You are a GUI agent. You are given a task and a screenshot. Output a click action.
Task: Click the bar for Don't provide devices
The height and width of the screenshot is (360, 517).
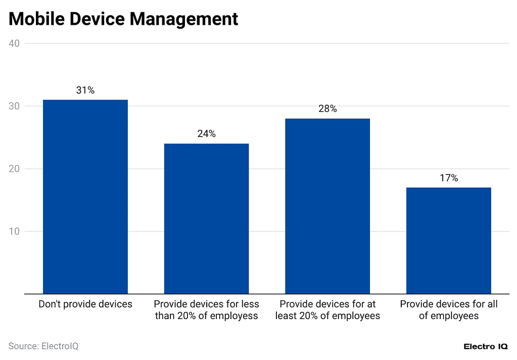pyautogui.click(x=85, y=197)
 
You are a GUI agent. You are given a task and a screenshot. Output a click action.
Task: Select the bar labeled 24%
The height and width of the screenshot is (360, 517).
pyautogui.click(x=206, y=218)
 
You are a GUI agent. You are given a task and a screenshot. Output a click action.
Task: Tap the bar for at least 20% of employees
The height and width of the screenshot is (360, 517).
pyautogui.click(x=327, y=206)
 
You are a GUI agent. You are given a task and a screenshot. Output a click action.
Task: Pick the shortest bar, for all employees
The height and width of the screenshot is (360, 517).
pyautogui.click(x=448, y=241)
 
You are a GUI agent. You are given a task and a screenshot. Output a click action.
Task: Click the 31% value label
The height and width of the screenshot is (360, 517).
pyautogui.click(x=85, y=91)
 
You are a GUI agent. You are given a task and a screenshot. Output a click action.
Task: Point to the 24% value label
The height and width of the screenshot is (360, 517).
pyautogui.click(x=206, y=134)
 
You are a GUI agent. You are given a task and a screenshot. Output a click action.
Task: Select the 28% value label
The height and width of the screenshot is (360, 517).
pyautogui.click(x=327, y=109)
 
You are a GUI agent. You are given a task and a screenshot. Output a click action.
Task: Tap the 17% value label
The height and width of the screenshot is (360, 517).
pyautogui.click(x=448, y=178)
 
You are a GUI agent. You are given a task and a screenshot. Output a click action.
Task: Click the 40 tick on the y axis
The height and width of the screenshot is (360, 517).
pyautogui.click(x=14, y=43)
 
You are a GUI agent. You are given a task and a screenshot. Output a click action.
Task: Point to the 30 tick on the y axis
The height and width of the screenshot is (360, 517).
pyautogui.click(x=14, y=106)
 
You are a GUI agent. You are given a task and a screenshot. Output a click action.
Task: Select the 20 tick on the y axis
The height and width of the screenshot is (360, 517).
pyautogui.click(x=14, y=169)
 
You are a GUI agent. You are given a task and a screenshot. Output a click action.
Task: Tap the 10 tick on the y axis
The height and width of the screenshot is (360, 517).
pyautogui.click(x=14, y=232)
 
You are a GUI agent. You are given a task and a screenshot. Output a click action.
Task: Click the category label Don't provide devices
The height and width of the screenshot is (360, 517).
pyautogui.click(x=85, y=304)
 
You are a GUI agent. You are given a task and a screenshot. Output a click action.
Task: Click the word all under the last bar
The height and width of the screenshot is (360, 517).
pyautogui.click(x=492, y=304)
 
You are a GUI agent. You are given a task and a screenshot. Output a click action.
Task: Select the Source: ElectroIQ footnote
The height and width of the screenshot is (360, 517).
pyautogui.click(x=43, y=346)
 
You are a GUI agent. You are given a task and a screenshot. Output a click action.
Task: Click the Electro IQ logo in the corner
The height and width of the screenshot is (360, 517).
pyautogui.click(x=486, y=346)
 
